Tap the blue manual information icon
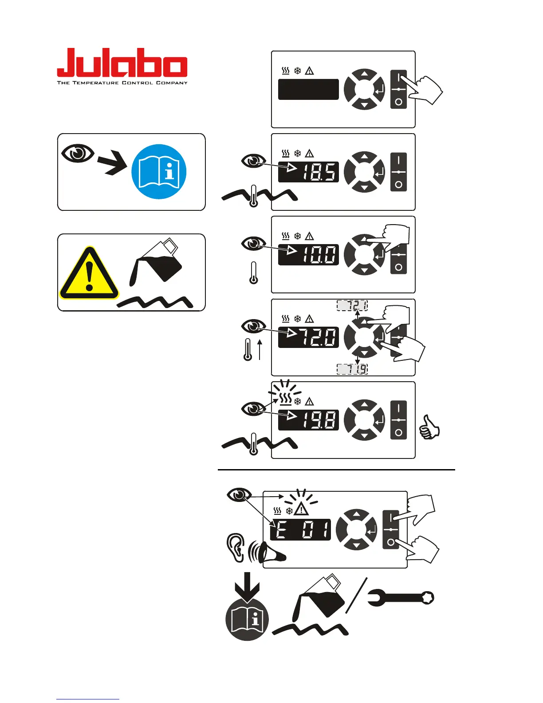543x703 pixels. [159, 172]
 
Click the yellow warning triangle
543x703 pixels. [89, 274]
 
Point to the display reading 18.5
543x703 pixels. [308, 172]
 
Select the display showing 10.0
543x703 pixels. [308, 255]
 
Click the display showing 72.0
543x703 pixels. [308, 337]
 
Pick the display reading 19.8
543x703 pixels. [308, 420]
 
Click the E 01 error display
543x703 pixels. [301, 529]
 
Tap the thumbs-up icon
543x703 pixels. [429, 427]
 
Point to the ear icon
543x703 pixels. [236, 547]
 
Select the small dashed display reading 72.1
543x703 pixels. [352, 305]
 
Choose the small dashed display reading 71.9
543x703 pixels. [352, 369]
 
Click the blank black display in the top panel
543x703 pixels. [308, 89]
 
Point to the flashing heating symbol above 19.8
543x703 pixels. [286, 399]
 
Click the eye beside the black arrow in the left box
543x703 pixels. [78, 153]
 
